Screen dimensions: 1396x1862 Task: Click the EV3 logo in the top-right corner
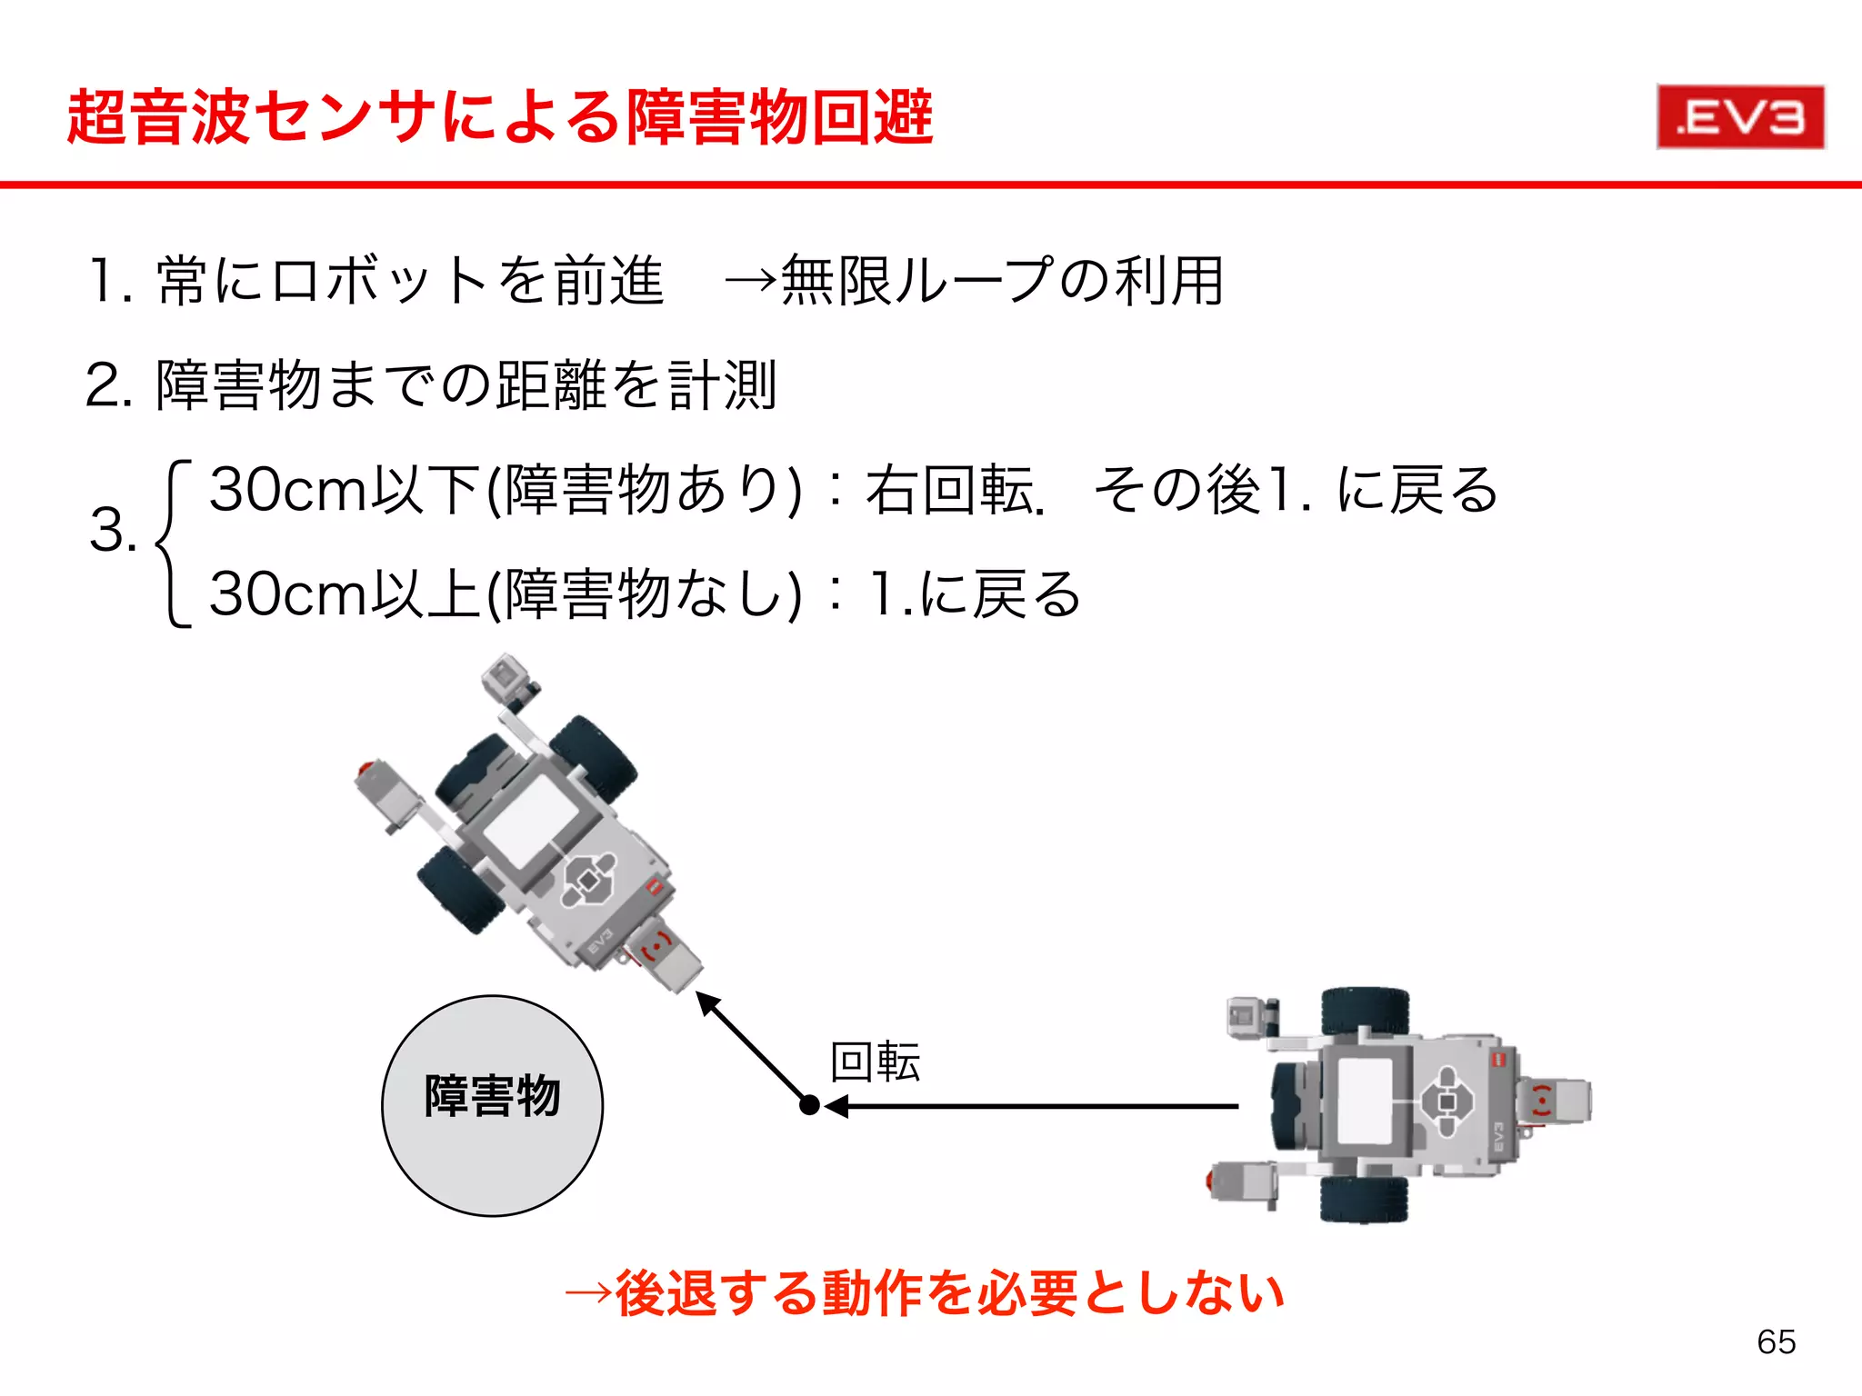[x=1740, y=117]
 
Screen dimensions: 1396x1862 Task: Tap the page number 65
[x=1776, y=1341]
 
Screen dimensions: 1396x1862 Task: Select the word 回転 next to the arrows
[x=876, y=1062]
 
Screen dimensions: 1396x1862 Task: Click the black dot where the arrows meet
[x=808, y=1105]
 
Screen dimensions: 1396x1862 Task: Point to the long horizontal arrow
[x=1036, y=1106]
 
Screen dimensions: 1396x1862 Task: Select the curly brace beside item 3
[x=173, y=543]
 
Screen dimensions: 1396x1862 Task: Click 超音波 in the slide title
[x=158, y=117]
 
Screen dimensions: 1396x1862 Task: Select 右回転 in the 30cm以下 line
[x=949, y=491]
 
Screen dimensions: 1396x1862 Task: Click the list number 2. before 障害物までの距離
[x=109, y=385]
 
